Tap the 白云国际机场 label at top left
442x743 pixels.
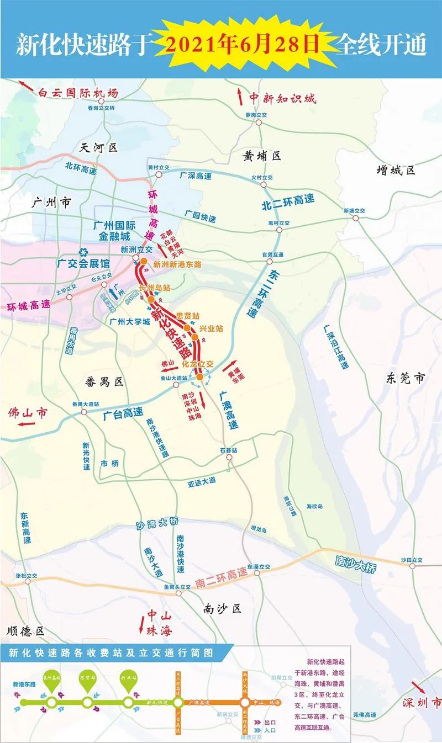tap(78, 93)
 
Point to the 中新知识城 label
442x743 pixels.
tap(282, 98)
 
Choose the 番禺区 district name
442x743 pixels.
tap(102, 380)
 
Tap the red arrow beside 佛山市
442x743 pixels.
tap(26, 424)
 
